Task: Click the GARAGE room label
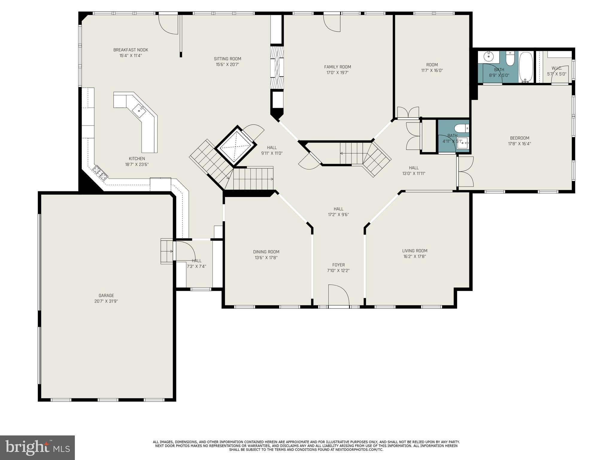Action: click(106, 296)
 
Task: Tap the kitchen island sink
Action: click(139, 110)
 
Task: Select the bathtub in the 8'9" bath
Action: click(526, 67)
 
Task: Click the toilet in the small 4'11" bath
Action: click(461, 128)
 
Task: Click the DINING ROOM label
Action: click(266, 252)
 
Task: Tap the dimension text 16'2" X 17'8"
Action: click(415, 256)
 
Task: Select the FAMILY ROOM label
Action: click(337, 67)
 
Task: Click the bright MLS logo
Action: click(37, 447)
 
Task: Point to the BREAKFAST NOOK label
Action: click(131, 50)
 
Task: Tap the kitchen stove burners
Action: click(100, 173)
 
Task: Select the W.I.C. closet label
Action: click(556, 68)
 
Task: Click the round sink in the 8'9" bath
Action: click(488, 56)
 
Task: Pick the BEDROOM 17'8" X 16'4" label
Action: click(519, 141)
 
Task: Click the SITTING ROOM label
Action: click(227, 59)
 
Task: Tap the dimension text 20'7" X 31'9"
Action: click(106, 301)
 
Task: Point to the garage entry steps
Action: click(167, 251)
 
